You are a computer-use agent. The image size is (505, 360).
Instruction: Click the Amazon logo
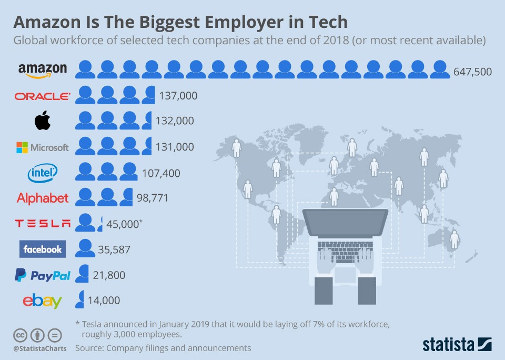(x=43, y=70)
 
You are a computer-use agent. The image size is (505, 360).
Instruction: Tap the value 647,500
(x=472, y=71)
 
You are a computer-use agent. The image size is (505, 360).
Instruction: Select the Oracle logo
(x=43, y=96)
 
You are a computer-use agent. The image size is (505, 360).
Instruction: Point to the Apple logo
(x=43, y=121)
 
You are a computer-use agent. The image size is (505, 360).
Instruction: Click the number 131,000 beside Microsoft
(x=175, y=147)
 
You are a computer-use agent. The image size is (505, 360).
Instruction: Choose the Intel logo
(x=43, y=172)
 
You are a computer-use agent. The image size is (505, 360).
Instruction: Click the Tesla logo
(x=43, y=224)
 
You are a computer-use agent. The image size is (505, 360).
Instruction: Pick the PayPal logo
(x=43, y=275)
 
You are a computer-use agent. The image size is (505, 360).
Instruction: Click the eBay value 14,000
(x=104, y=301)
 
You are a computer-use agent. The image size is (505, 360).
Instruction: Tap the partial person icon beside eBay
(x=80, y=299)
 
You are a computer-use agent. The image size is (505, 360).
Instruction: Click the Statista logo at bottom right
(x=457, y=345)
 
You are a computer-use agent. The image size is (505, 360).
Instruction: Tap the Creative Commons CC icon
(x=20, y=335)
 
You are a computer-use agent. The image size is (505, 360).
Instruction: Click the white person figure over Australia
(x=454, y=239)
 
